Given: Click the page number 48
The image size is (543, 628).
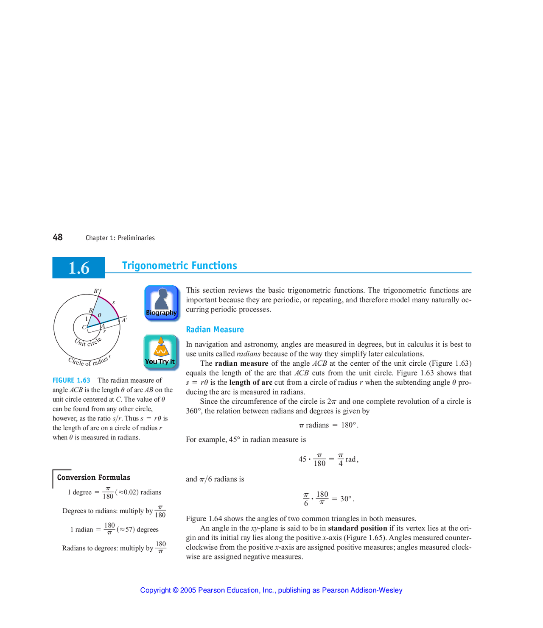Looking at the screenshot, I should pos(58,237).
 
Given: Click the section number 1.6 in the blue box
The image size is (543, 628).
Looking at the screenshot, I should pos(79,268).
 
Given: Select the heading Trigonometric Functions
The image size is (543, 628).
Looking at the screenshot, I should pos(179,266).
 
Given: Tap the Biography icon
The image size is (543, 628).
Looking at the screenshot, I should pos(161,303).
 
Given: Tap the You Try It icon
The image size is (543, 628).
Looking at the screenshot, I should pos(160,351).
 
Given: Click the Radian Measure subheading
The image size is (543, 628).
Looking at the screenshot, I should pos(215,330).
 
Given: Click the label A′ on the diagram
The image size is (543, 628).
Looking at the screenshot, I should pos(125,320).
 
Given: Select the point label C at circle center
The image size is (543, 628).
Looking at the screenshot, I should pos(84,327).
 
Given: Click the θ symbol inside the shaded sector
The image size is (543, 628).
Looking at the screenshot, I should pos(100,315).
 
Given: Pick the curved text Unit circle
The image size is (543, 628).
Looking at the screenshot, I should pos(88,342).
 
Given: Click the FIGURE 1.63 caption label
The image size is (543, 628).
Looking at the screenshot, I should pos(71,381).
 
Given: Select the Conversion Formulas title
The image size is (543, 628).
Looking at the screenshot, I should pos(93,478).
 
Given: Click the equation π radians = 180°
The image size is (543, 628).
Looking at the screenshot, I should pos(329,425).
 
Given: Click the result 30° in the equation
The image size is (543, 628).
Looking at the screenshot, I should pos(346,499).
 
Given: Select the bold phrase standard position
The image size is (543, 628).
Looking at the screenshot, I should pos(357,528).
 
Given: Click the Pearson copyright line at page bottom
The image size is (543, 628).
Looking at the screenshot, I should pos(271,590).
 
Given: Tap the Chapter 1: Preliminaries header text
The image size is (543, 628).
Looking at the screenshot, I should pos(120,238).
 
